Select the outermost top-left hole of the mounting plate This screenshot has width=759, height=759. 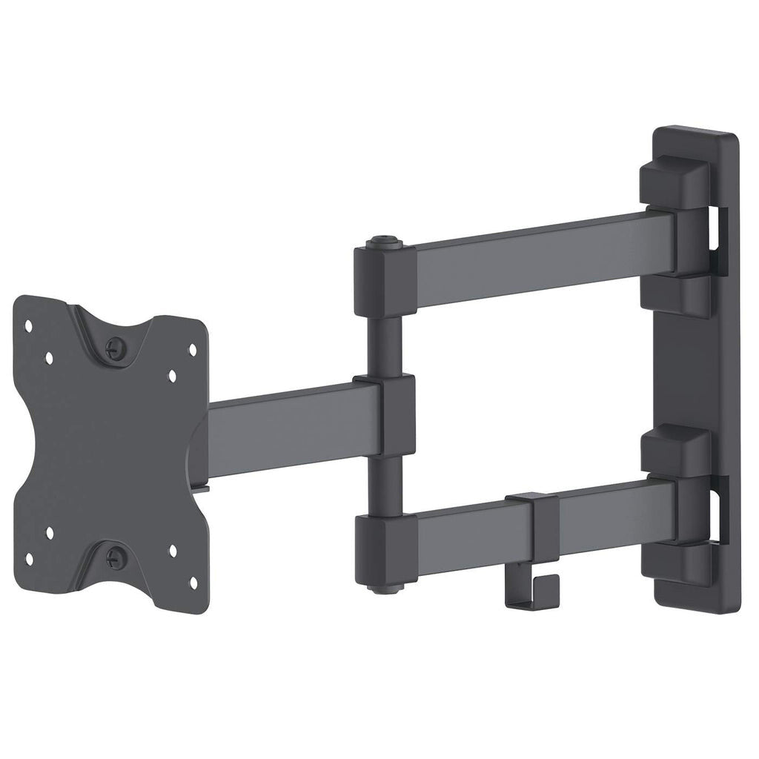tap(28, 325)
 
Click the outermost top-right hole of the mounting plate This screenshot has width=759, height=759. tap(193, 348)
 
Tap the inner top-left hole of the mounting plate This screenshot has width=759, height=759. tap(49, 357)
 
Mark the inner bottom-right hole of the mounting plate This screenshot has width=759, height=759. tap(172, 550)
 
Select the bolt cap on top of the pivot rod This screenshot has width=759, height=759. tap(380, 242)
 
